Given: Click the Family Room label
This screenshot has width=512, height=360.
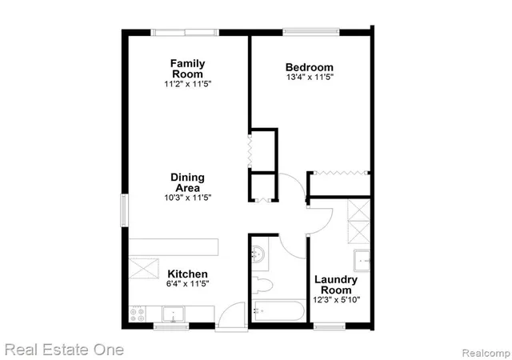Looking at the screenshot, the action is coord(188,68).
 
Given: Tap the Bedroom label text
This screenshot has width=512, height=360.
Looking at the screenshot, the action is coord(310,67).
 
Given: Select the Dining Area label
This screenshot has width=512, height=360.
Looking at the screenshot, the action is coord(188,182).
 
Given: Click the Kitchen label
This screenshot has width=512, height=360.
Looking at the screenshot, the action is coord(187,274).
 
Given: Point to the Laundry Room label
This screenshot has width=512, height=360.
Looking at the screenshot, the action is coord(336,285).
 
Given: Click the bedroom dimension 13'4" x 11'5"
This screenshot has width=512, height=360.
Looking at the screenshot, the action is coord(310,78).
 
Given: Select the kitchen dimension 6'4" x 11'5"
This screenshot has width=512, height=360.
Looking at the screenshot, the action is coord(187,283).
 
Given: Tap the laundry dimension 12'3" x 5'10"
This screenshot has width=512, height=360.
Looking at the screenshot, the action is coord(337,299).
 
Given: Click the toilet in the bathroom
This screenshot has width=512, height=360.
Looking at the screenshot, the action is coord(262,285).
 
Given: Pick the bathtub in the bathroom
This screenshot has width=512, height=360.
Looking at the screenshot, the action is coord(279,310).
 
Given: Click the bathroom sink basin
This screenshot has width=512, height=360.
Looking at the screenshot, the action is coord(258,254).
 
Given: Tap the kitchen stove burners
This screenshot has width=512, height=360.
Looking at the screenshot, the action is coord(137,314).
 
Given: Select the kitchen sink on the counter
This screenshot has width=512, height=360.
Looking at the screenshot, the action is coord(174,314).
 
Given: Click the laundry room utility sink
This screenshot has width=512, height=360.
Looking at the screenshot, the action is coord(362,261).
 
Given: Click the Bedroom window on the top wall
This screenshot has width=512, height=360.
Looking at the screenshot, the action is coord(311,32).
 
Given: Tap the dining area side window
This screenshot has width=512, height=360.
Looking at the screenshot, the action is coord(125,210).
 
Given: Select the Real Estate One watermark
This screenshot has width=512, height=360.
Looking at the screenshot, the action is coord(64,350).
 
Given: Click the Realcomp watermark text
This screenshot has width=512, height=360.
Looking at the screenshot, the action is coord(486,353).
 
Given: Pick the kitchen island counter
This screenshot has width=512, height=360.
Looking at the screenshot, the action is coord(174,247).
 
